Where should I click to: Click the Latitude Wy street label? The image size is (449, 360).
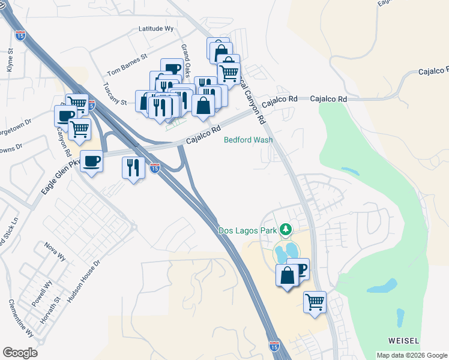(155, 28)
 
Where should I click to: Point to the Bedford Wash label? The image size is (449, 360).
(248, 140)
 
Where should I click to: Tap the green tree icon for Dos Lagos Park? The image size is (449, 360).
(287, 229)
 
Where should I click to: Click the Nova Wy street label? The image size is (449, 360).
(55, 251)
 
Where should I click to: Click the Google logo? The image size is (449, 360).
(20, 353)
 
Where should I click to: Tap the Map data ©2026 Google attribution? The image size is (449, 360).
(412, 355)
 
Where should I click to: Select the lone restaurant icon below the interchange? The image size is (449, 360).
(132, 167)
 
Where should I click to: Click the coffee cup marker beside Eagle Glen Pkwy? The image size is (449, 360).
(91, 161)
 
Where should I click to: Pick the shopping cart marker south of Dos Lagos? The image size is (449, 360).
(315, 301)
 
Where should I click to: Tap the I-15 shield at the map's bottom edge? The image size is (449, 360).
(274, 346)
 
